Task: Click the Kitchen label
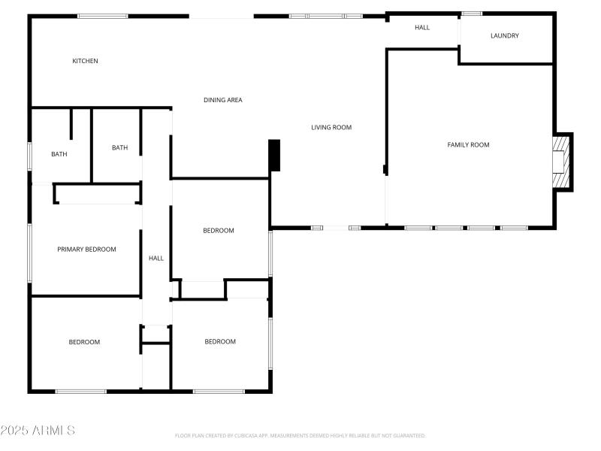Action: [x=85, y=61]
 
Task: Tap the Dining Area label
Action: [x=223, y=100]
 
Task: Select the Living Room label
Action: [x=331, y=127]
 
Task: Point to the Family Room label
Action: [x=468, y=144]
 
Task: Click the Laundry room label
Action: [x=505, y=35]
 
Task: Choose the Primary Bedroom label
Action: [x=86, y=249]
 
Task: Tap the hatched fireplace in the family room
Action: [x=560, y=162]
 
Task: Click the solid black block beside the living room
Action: [x=274, y=155]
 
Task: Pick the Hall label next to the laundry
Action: [x=422, y=28]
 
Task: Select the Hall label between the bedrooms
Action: [x=156, y=258]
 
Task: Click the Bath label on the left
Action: [x=59, y=154]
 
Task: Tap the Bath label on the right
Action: [x=119, y=147]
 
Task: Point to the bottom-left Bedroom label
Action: [x=84, y=342]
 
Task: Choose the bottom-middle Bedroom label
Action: [x=220, y=341]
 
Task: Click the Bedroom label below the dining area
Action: [x=219, y=231]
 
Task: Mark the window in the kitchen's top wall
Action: [x=103, y=16]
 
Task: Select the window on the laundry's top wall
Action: [x=472, y=13]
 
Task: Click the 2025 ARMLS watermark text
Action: [x=38, y=431]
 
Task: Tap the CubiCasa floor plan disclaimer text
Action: [x=300, y=435]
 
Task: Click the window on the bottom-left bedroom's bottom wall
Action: [x=80, y=391]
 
